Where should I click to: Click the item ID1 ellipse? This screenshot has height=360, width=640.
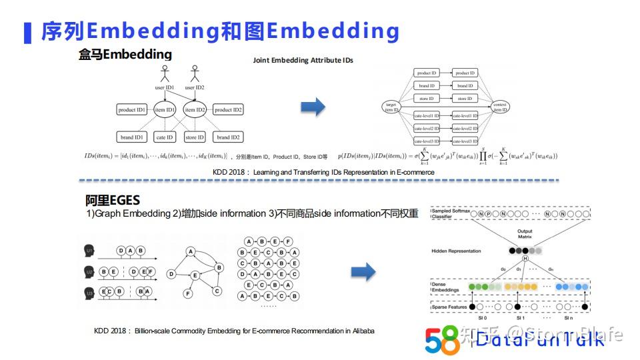[165, 110]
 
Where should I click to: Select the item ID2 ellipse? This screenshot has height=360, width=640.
[195, 110]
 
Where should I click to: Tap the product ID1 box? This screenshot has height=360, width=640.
[132, 110]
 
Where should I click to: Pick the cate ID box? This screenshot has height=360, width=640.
[165, 137]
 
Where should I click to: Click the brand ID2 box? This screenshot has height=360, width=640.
[228, 137]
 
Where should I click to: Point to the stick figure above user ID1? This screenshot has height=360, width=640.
[165, 73]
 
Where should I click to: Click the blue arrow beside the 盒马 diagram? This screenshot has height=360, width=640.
[313, 107]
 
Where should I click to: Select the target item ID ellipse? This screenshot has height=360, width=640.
[391, 107]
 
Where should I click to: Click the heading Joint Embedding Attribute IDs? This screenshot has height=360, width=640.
[303, 60]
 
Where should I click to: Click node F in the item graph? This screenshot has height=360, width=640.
[189, 293]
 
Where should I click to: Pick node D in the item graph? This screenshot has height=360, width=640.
[171, 274]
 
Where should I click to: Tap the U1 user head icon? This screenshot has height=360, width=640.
[89, 251]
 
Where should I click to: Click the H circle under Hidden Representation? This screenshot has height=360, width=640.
[525, 259]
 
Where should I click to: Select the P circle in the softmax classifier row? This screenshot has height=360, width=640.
[488, 214]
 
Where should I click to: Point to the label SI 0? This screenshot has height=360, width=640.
[473, 319]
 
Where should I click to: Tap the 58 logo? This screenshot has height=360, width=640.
[442, 339]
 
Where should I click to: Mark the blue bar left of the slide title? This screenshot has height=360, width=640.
[27, 33]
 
